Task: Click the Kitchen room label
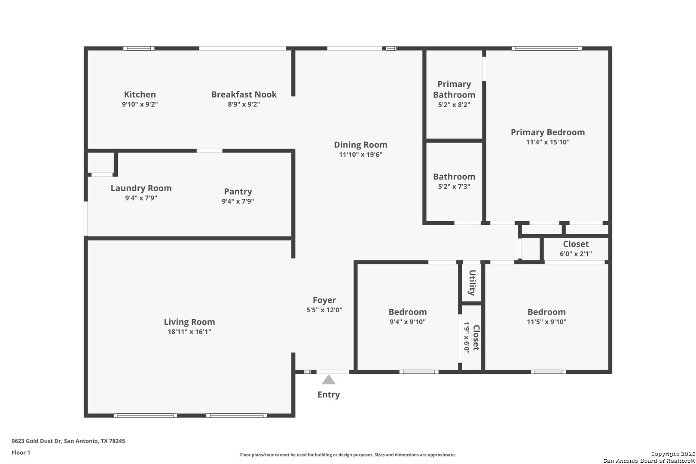point(140,94)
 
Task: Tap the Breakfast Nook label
point(244,94)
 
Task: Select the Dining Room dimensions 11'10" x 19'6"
point(360,155)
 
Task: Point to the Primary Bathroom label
point(454,89)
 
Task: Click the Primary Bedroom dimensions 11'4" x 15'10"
point(547,142)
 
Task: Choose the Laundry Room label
point(141,188)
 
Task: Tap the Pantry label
point(238,192)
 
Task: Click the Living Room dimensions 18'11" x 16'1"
point(189,332)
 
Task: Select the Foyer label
point(324,300)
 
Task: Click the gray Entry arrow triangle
point(328,380)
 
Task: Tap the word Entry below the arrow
point(328,395)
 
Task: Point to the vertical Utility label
point(472,283)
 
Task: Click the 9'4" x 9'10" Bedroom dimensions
point(408,322)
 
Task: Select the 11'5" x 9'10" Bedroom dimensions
point(546,322)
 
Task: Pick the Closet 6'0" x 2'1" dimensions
point(576,253)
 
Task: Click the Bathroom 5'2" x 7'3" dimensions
point(454,186)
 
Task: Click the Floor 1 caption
point(21,452)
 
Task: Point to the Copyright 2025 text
point(673,454)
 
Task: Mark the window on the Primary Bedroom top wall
point(546,49)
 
